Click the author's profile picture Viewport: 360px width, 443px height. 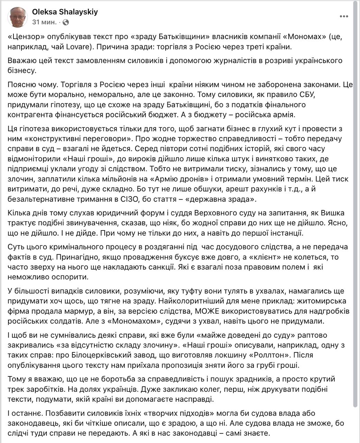point(17,17)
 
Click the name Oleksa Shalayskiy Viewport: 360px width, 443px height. point(65,12)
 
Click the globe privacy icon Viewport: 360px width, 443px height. point(66,22)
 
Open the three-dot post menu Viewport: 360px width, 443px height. point(344,16)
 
